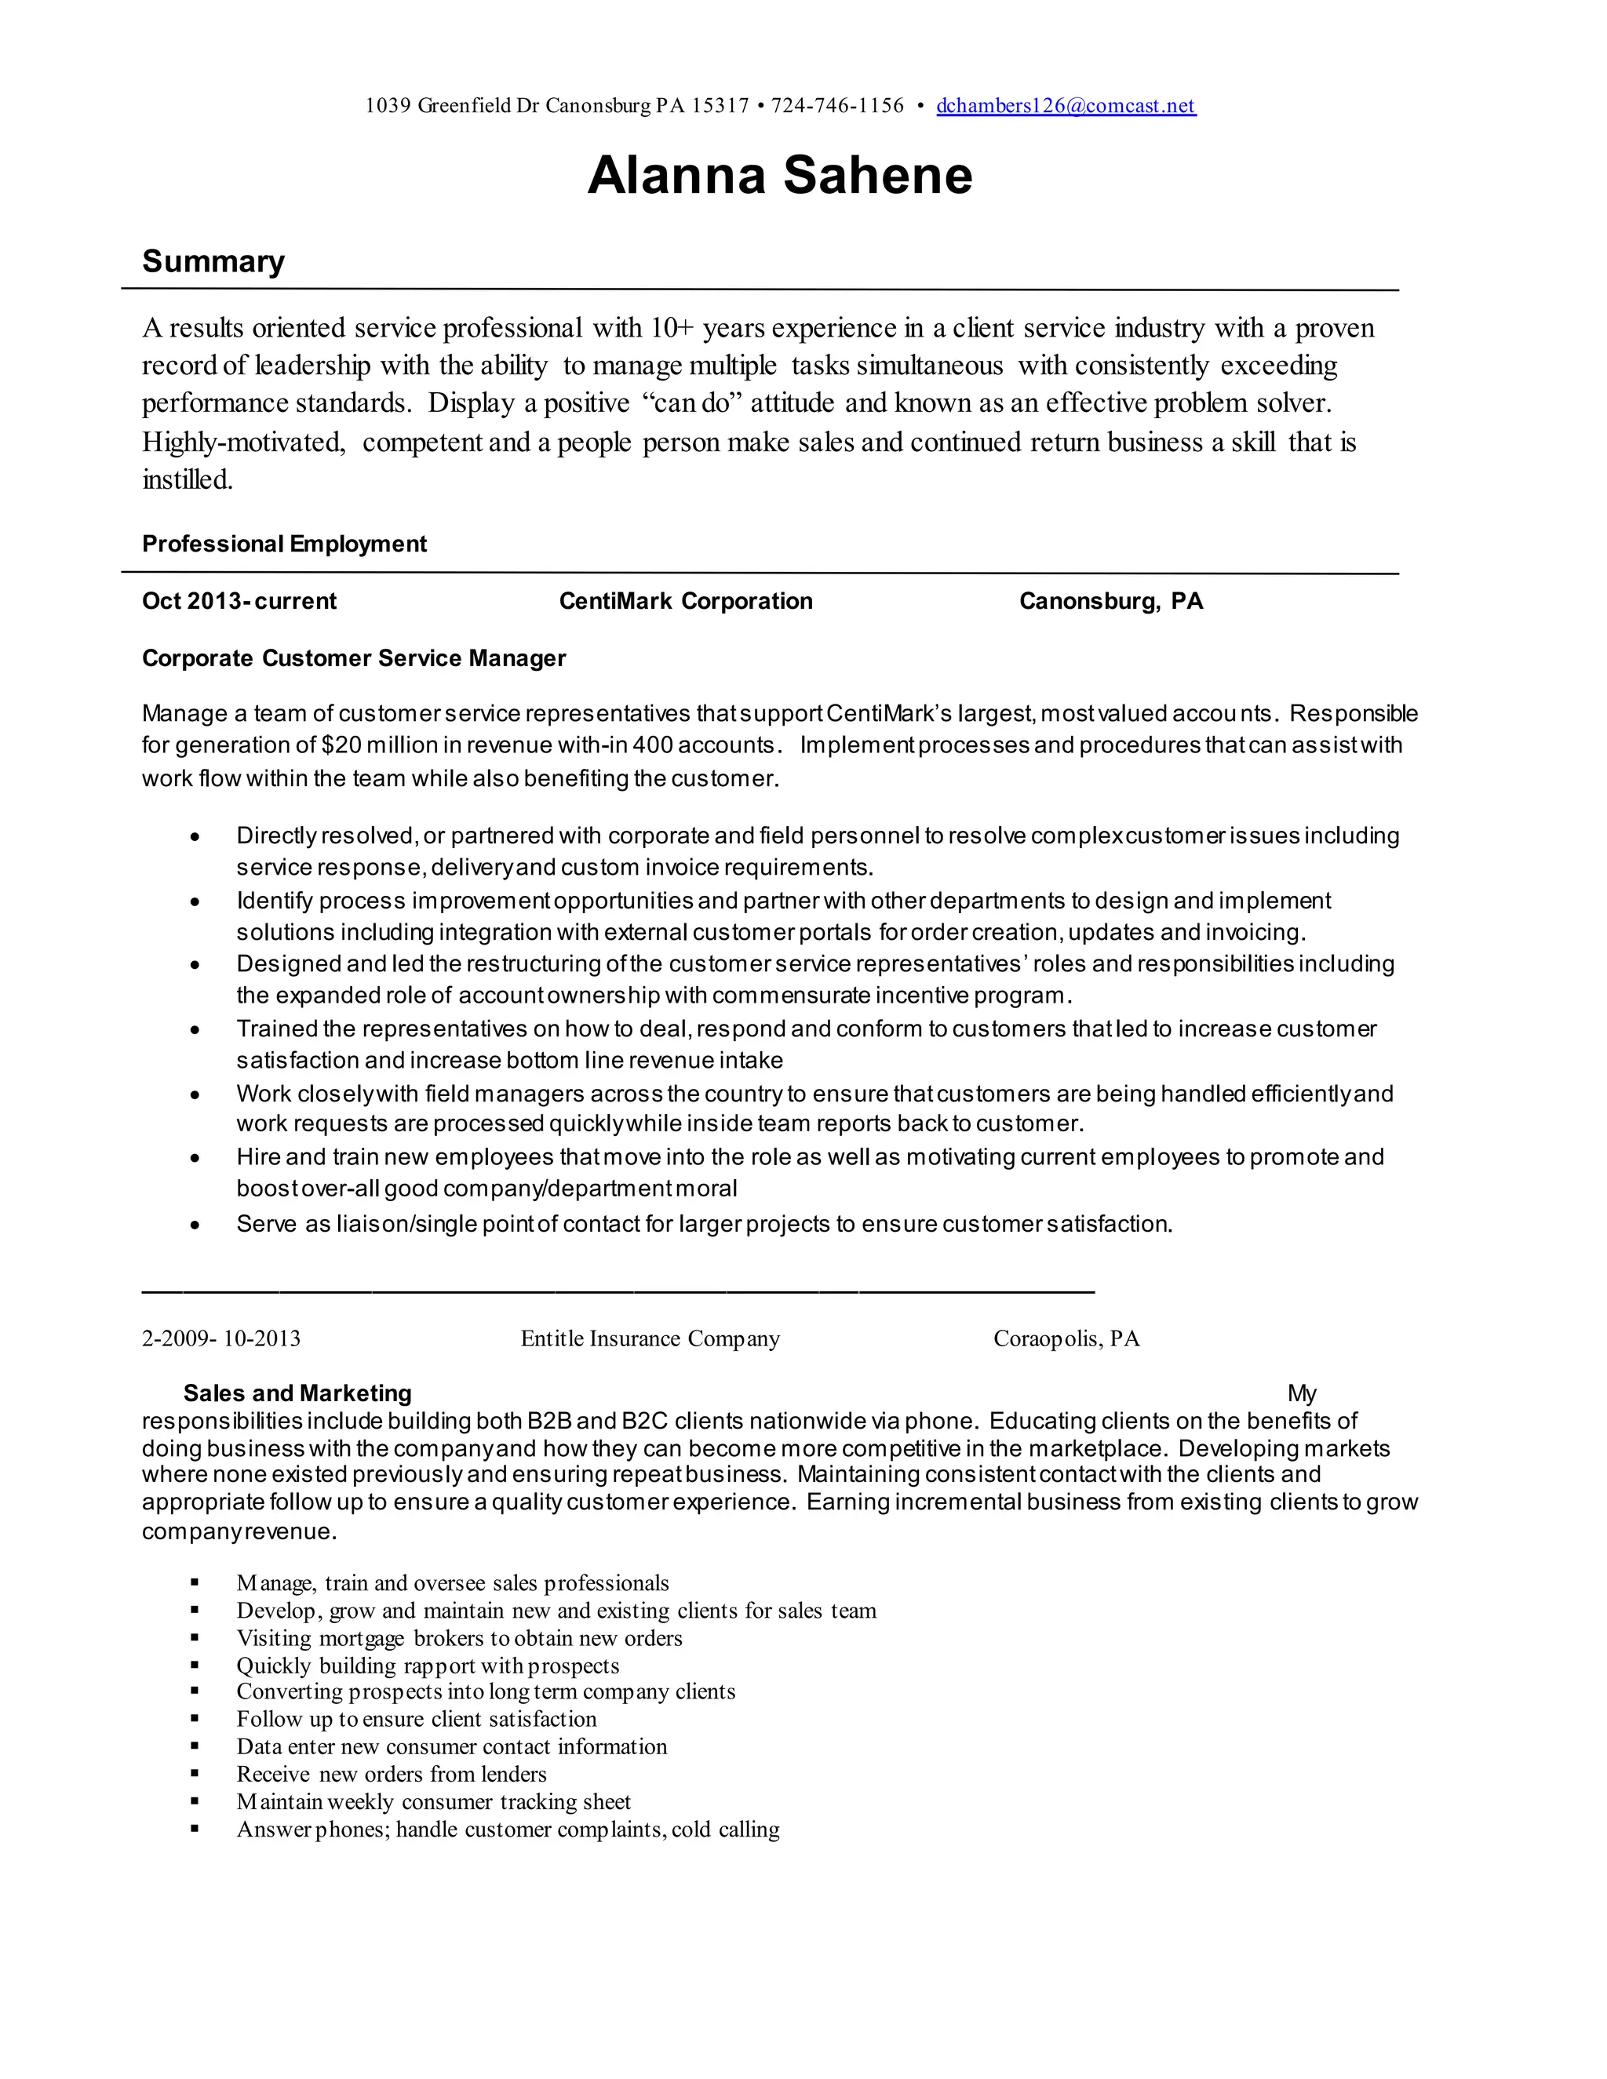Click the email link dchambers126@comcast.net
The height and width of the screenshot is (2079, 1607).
pyautogui.click(x=1066, y=106)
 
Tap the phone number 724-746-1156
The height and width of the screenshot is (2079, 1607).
pyautogui.click(x=836, y=106)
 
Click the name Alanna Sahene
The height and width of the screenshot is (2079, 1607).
pyautogui.click(x=780, y=176)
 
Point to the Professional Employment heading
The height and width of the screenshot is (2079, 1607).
pyautogui.click(x=284, y=544)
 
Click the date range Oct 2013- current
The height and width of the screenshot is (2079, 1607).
pyautogui.click(x=239, y=601)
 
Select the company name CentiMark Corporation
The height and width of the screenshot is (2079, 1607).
pyautogui.click(x=686, y=601)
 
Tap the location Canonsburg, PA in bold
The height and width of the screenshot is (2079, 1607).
pyautogui.click(x=1111, y=601)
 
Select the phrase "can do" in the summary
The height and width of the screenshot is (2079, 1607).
pyautogui.click(x=692, y=402)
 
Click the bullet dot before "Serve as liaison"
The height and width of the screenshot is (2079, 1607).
pyautogui.click(x=195, y=1225)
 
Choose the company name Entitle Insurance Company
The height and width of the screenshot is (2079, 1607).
pyautogui.click(x=650, y=1338)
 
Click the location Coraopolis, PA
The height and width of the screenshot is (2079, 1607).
pyautogui.click(x=1066, y=1338)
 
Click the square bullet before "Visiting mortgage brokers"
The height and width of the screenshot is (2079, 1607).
pyautogui.click(x=195, y=1637)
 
